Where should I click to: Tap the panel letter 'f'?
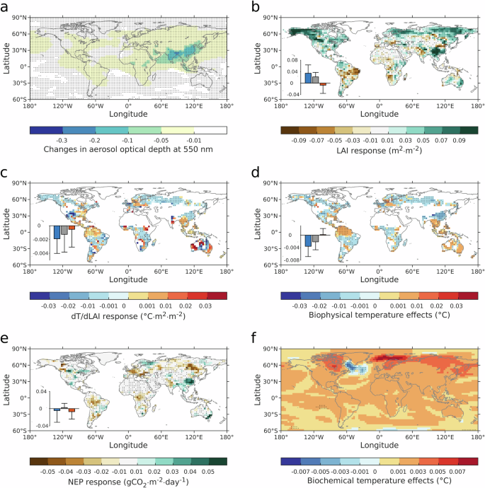(x=256, y=339)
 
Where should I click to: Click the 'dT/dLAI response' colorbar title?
(x=128, y=313)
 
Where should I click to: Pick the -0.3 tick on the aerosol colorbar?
(x=47, y=140)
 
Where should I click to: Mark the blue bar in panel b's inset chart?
(x=308, y=78)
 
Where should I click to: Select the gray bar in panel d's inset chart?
(x=316, y=238)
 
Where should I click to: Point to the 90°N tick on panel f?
(x=271, y=347)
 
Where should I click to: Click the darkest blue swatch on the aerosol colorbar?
(x=47, y=130)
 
